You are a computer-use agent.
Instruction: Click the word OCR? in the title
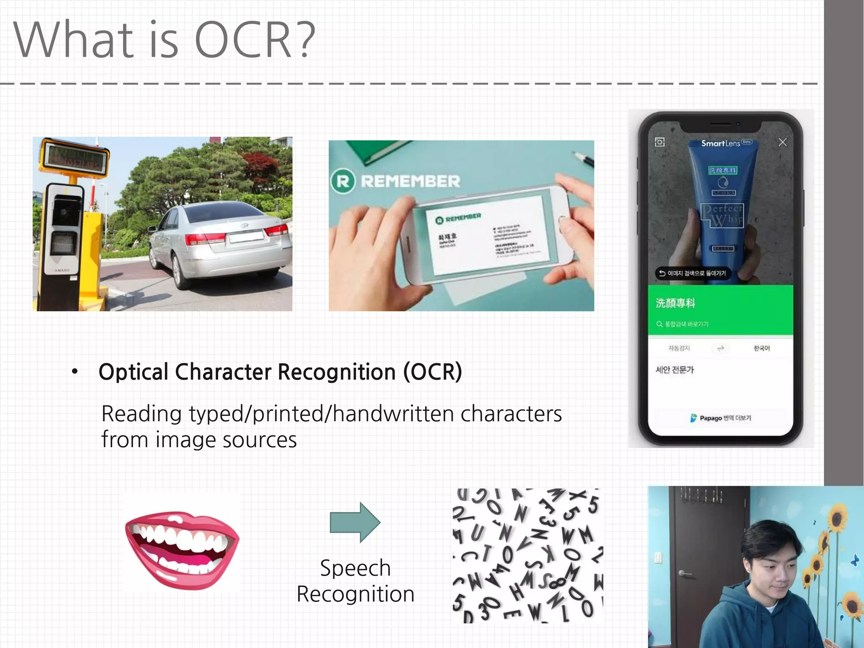click(x=255, y=40)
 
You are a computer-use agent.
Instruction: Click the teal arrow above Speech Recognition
click(x=355, y=522)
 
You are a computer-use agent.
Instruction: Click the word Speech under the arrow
click(x=355, y=568)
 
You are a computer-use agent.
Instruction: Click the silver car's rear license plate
click(x=246, y=238)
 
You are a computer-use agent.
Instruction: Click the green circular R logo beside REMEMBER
click(x=343, y=181)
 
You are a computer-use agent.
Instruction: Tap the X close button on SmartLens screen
click(x=783, y=142)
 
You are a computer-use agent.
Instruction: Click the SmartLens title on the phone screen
click(x=721, y=143)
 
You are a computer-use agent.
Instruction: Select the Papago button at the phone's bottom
click(x=721, y=418)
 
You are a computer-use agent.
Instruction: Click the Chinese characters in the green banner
click(x=675, y=303)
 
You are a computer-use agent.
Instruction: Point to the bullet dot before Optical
click(x=75, y=372)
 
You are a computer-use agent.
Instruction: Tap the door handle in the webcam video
click(x=684, y=573)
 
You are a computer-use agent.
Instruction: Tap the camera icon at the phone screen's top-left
click(x=659, y=142)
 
